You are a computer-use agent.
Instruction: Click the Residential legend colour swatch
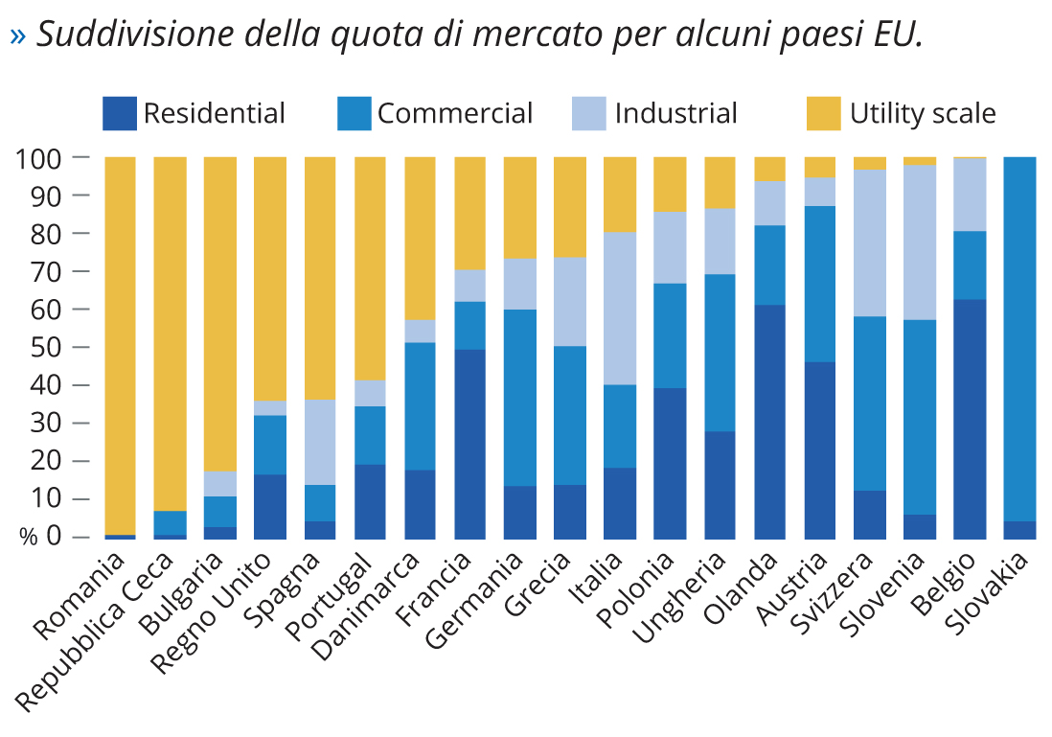coord(120,113)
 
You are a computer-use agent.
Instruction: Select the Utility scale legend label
coord(923,114)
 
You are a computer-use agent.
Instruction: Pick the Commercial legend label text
coord(454,114)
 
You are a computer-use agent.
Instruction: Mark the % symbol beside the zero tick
coord(29,538)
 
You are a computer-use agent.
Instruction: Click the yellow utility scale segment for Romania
coord(120,345)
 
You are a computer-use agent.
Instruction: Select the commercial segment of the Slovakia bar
coord(1019,335)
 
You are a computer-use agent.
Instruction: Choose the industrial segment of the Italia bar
coord(620,308)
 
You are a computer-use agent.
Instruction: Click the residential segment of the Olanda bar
coord(769,422)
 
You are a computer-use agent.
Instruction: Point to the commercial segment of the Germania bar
coord(519,398)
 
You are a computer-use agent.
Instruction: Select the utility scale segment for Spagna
coord(320,278)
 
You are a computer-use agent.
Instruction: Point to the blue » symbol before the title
coord(18,36)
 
